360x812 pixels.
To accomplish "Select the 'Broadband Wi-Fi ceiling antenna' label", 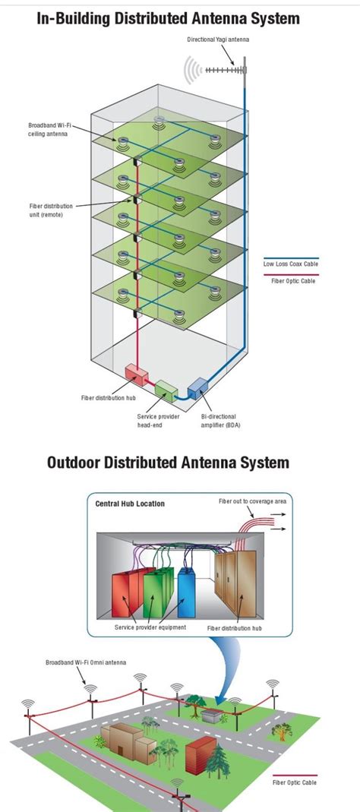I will pos(51,129).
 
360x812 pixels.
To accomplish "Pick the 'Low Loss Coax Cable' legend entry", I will pos(290,264).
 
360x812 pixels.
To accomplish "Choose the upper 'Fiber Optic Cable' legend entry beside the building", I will pos(293,281).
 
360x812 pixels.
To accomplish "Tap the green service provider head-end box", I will pos(166,390).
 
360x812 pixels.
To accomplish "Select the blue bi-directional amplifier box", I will pos(197,388).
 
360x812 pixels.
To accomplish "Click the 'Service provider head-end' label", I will pos(159,421).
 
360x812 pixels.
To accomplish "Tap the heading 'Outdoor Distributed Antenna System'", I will pos(168,463).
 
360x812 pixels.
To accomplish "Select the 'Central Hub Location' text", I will pos(130,503).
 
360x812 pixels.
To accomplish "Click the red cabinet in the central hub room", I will pos(127,597).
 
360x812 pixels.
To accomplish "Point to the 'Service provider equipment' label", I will pos(150,628).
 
